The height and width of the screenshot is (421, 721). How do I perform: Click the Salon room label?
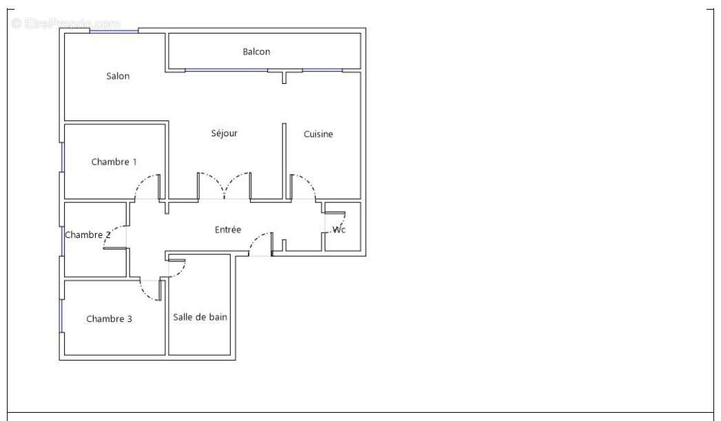(118, 76)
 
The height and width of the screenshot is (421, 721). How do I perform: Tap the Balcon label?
(256, 52)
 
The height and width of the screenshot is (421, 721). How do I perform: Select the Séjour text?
(224, 133)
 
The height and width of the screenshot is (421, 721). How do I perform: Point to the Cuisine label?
(318, 134)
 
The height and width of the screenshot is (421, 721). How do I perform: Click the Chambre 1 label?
(114, 162)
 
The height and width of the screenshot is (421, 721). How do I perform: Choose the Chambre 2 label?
(87, 235)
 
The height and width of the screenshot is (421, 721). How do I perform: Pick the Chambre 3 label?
(109, 319)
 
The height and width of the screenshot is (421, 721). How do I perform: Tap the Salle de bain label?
(200, 317)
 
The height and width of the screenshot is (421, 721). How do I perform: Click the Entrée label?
(228, 230)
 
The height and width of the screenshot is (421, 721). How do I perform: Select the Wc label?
(339, 230)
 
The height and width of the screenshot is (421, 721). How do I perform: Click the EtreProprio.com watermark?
(66, 23)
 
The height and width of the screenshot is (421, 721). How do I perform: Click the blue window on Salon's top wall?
(114, 31)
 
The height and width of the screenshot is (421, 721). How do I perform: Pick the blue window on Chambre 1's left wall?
(62, 157)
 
